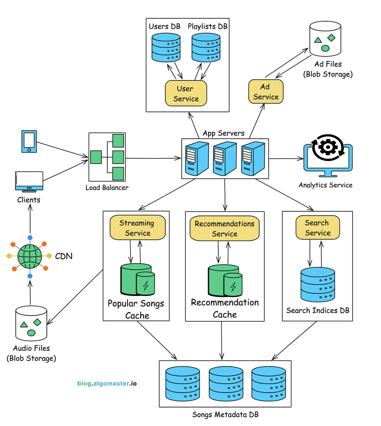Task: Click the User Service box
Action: coord(186,93)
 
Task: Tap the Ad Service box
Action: coord(266,91)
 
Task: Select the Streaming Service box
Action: coord(138,227)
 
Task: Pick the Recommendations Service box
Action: coord(224,228)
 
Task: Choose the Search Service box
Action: coord(318,227)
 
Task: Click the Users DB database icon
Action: coord(166,47)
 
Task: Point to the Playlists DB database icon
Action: coord(206,47)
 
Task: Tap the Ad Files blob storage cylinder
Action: coord(325,39)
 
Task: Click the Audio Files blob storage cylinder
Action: coord(31,323)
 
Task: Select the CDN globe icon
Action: coord(30,256)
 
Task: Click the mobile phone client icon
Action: coord(29,141)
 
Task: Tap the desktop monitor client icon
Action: coord(29,181)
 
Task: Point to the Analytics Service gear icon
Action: coord(328,148)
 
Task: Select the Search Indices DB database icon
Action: coord(318,284)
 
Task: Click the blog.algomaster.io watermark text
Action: coord(107,383)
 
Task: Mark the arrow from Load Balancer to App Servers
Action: coord(153,158)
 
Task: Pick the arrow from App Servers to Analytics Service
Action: coord(286,159)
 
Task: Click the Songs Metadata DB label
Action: coord(225,414)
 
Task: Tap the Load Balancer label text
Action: coord(107,188)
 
